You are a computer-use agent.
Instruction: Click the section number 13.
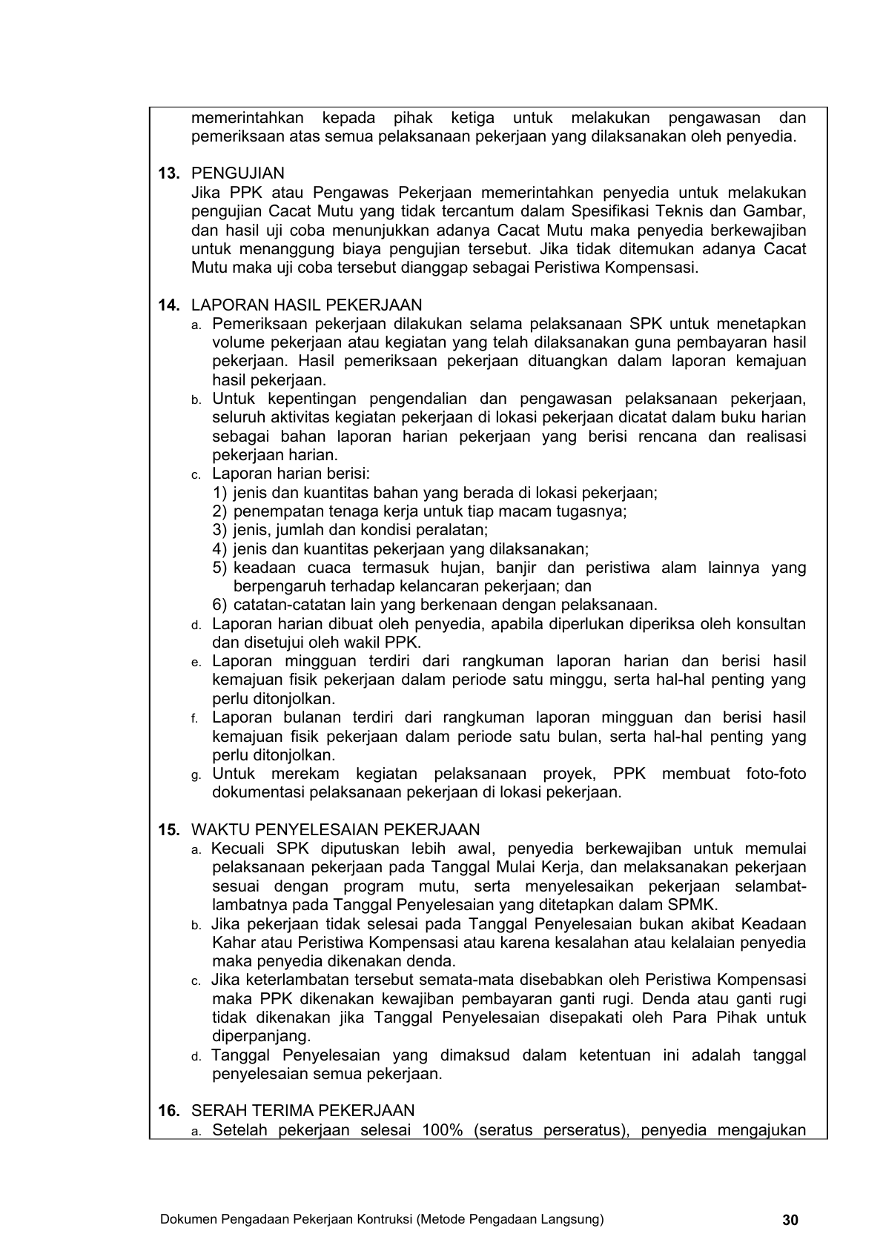(x=169, y=173)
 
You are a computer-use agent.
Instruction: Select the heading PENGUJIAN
(x=237, y=173)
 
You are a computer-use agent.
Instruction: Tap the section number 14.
(x=169, y=305)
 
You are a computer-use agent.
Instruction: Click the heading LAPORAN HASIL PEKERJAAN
(x=306, y=305)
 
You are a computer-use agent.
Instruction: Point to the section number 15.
(x=169, y=830)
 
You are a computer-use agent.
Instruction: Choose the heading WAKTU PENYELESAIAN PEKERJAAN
(x=335, y=830)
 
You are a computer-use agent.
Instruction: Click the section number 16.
(x=169, y=1110)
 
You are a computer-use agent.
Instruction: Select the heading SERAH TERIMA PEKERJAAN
(x=302, y=1110)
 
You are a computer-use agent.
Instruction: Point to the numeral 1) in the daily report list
(x=219, y=493)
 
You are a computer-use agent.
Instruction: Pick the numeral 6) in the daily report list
(x=219, y=605)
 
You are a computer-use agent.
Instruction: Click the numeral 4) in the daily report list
(x=219, y=549)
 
